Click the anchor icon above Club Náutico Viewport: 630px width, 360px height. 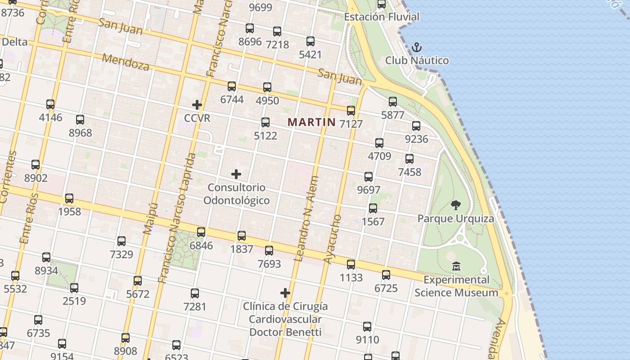417,47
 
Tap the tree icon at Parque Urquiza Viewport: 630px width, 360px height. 455,205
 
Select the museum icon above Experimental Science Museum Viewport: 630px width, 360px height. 456,266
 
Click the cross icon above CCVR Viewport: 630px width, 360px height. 197,105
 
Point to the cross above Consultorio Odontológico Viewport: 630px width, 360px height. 236,174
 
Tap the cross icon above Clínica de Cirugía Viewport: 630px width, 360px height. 285,293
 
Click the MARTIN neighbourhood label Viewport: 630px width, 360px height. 311,122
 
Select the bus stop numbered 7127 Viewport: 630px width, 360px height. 351,110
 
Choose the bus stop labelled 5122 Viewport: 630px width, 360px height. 265,122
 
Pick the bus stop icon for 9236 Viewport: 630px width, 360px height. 416,126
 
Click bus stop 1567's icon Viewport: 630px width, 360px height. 373,208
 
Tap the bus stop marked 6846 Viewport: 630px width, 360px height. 201,232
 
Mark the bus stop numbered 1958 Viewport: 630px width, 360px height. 69,198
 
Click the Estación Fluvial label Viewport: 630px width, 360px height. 382,17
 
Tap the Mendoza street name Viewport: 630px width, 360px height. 126,62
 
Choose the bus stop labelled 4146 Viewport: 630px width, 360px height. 50,104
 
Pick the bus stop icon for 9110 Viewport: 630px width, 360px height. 367,326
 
